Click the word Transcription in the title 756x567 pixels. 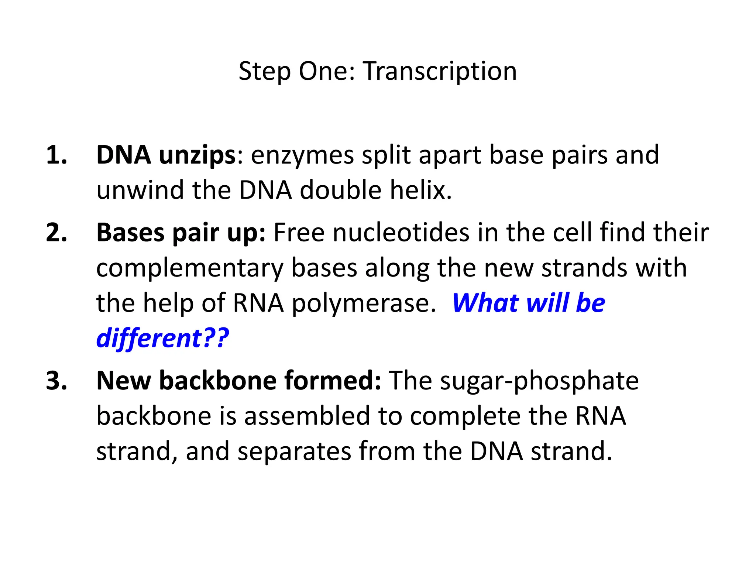[x=440, y=71]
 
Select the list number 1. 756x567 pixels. [x=56, y=155]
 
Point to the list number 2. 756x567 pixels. [x=56, y=233]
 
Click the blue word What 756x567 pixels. [x=485, y=303]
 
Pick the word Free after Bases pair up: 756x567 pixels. [x=299, y=233]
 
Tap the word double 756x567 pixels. [x=340, y=190]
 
